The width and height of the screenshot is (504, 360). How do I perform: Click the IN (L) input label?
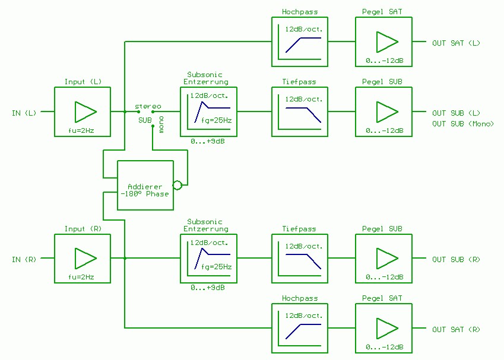tap(24, 113)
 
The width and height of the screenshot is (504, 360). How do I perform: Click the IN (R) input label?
tap(24, 259)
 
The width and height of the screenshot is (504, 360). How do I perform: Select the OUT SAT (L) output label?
tap(456, 43)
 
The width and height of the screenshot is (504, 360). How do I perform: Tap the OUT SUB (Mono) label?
tap(463, 123)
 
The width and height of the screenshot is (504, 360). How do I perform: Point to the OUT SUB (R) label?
tap(456, 259)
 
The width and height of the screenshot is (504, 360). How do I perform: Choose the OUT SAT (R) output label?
tap(456, 329)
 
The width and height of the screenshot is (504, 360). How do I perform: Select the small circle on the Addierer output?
tap(177, 185)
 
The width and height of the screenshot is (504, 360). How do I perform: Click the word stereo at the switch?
tap(148, 106)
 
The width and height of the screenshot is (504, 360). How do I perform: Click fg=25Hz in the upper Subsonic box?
tap(216, 120)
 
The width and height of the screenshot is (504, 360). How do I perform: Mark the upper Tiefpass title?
tap(299, 82)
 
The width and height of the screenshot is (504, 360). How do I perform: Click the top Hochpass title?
tap(299, 12)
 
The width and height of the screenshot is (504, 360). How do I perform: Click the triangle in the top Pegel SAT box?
tap(386, 42)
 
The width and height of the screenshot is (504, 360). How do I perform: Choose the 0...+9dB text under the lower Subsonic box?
tap(208, 288)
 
